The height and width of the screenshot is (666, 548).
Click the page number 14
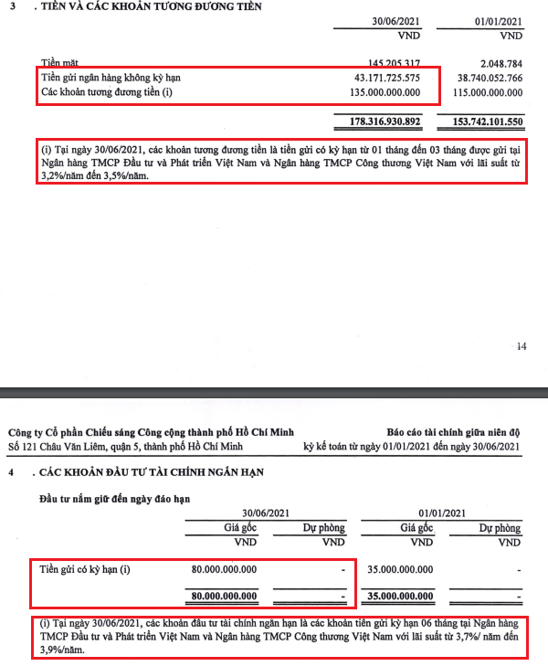pos(522,346)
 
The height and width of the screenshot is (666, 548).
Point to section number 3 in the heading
pos(11,7)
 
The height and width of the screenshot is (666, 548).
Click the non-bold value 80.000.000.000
pos(224,570)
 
